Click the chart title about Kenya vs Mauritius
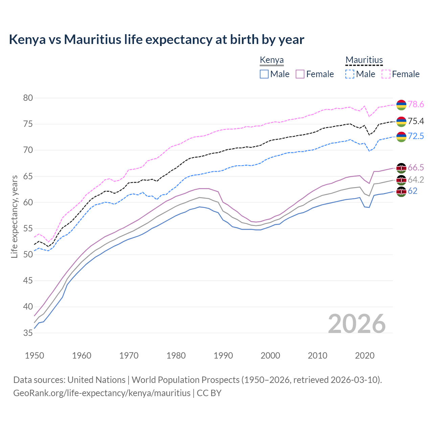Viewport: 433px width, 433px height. point(156,40)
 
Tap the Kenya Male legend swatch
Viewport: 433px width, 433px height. point(264,74)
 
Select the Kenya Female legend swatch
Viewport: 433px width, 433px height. point(300,74)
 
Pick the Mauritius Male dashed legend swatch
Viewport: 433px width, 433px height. point(350,74)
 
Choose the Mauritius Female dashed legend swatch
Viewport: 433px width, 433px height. point(386,74)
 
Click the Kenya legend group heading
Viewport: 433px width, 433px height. point(272,60)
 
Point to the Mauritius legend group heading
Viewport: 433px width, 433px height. point(364,60)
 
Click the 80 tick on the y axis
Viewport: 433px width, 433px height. point(28,98)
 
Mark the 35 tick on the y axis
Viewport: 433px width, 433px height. point(28,333)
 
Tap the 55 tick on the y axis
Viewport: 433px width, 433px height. point(28,229)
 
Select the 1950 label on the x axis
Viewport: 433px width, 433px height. point(35,356)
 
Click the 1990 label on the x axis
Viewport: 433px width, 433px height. point(223,356)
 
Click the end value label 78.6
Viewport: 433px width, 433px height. point(416,105)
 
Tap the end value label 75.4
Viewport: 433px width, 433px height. point(416,121)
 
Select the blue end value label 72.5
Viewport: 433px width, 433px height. point(416,136)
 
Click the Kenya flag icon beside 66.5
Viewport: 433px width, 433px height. point(401,168)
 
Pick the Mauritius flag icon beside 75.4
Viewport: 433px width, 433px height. point(401,121)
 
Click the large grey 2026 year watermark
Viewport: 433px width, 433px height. point(357,324)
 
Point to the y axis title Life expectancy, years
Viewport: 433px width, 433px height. point(14,216)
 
